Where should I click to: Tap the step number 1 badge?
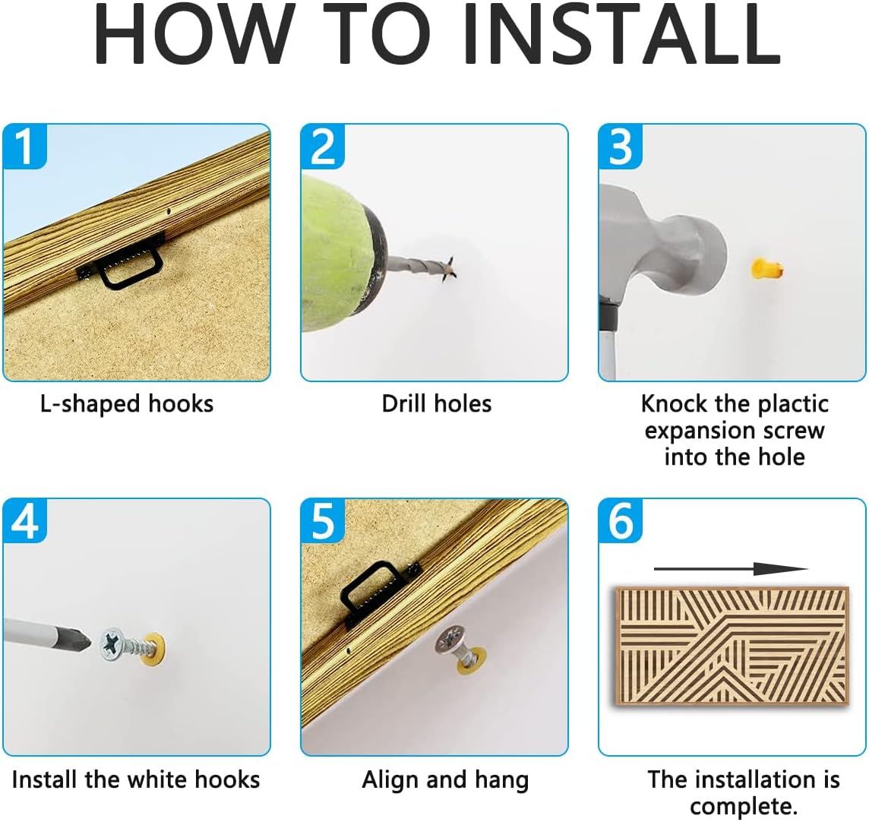click(24, 147)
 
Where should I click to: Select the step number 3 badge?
click(620, 147)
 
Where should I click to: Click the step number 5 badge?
click(323, 521)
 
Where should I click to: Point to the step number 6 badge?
click(620, 521)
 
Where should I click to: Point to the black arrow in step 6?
click(731, 569)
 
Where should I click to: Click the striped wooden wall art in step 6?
click(732, 646)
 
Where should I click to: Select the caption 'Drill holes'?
click(437, 403)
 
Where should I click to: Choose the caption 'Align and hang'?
click(446, 780)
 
